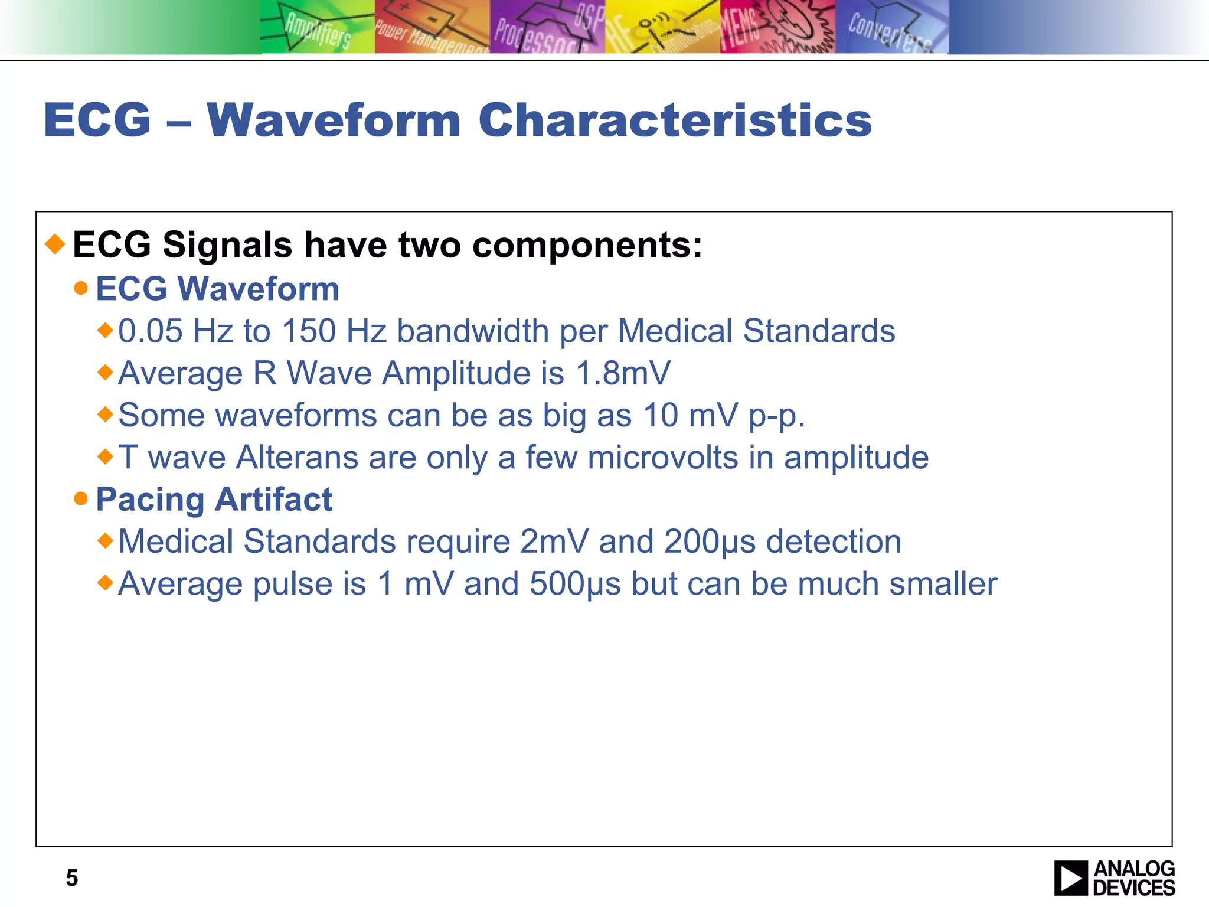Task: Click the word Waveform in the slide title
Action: [x=334, y=120]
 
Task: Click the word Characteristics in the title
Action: [x=675, y=120]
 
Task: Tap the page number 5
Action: [x=71, y=878]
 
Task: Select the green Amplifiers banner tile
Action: [x=317, y=28]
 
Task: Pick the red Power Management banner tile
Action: [x=432, y=28]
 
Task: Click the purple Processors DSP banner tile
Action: [x=547, y=28]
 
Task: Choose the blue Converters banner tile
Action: [x=891, y=28]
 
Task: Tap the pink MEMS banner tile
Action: [x=777, y=28]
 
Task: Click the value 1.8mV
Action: [x=623, y=373]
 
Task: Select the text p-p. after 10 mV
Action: [x=776, y=416]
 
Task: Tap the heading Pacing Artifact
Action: [x=214, y=500]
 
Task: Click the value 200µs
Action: [x=709, y=542]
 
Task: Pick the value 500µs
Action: [x=575, y=584]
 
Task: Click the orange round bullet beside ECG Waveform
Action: [x=81, y=289]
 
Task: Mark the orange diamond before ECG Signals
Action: [x=55, y=244]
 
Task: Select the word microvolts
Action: [x=663, y=458]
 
